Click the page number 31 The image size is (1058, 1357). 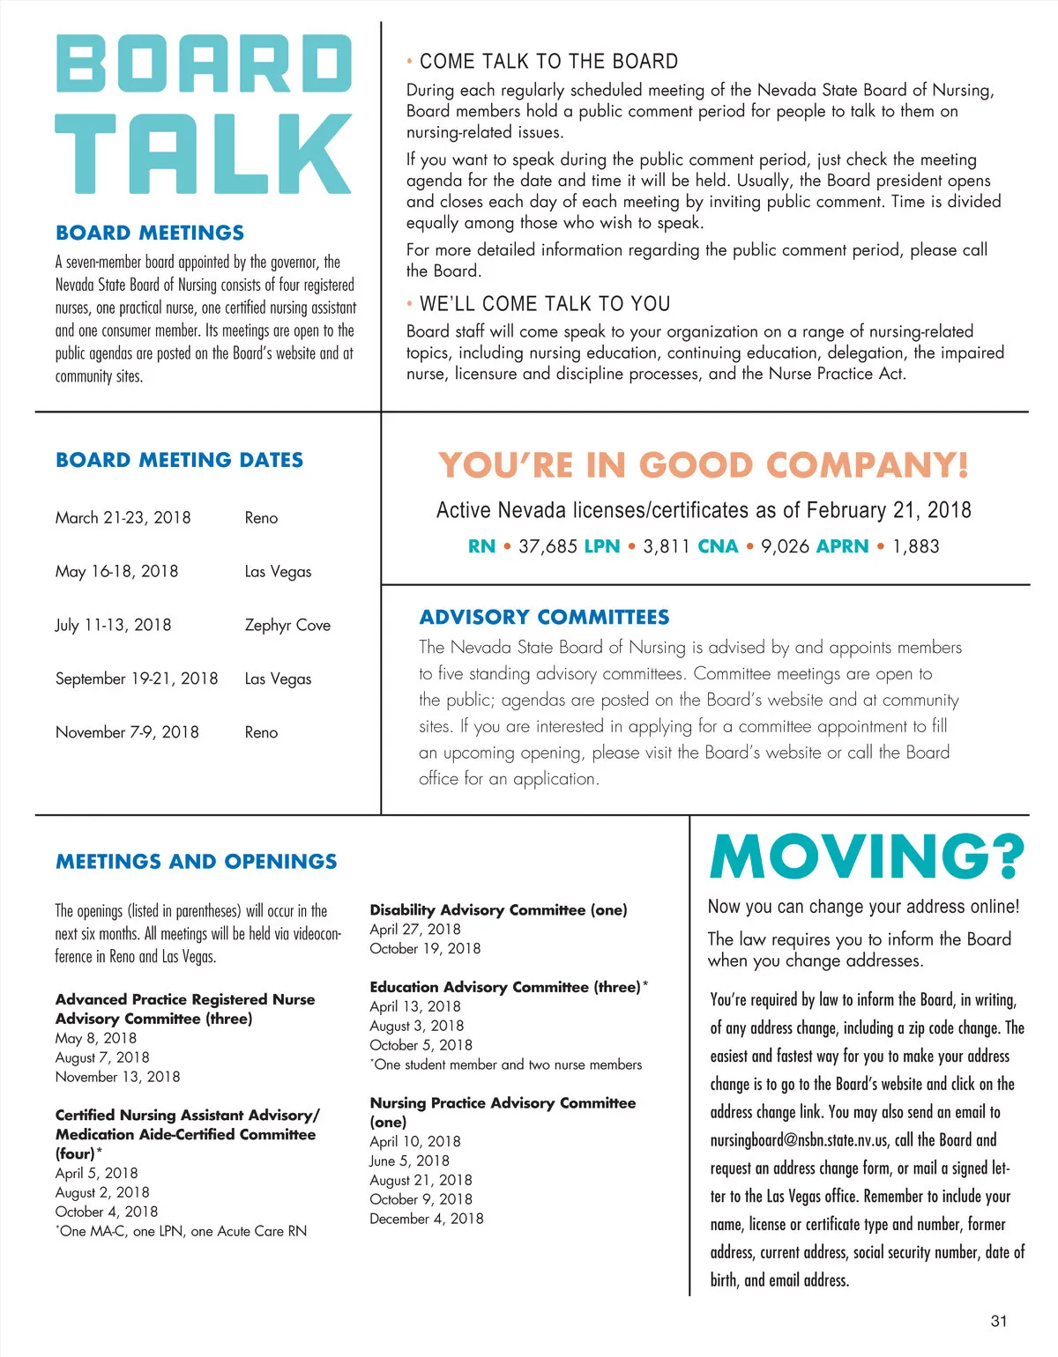(999, 1320)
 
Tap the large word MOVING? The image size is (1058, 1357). (867, 856)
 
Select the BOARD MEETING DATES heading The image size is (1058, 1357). (179, 460)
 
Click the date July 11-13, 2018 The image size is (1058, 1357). (113, 625)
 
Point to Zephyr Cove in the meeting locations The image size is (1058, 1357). (287, 625)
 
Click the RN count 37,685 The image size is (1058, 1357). (548, 546)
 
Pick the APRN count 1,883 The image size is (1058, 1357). (916, 546)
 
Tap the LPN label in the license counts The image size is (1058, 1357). (602, 546)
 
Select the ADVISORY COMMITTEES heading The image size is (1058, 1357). (544, 617)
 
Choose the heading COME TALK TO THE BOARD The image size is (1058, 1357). (548, 62)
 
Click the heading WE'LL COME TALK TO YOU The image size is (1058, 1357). (545, 304)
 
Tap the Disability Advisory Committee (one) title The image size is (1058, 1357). (498, 909)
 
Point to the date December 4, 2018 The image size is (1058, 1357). (427, 1219)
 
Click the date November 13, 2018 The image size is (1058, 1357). (117, 1077)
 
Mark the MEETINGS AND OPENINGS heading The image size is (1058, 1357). (196, 861)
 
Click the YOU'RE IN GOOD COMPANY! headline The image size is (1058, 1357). (704, 465)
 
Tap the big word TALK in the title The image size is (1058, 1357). (204, 154)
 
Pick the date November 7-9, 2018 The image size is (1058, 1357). (127, 732)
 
